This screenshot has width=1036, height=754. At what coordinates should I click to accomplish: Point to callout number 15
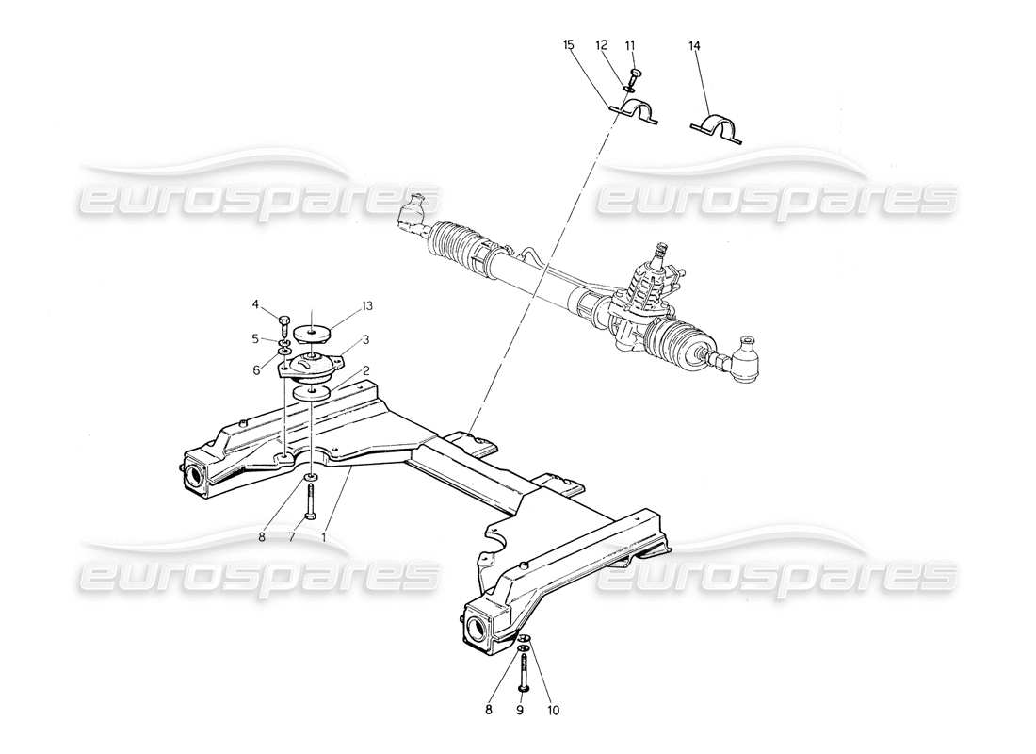pyautogui.click(x=569, y=45)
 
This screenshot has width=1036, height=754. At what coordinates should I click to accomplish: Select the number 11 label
pyautogui.click(x=630, y=45)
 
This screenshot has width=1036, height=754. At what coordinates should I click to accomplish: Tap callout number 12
pyautogui.click(x=600, y=45)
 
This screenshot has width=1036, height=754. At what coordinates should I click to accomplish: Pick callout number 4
pyautogui.click(x=255, y=303)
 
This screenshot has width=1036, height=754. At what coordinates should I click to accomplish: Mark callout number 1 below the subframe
pyautogui.click(x=325, y=537)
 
